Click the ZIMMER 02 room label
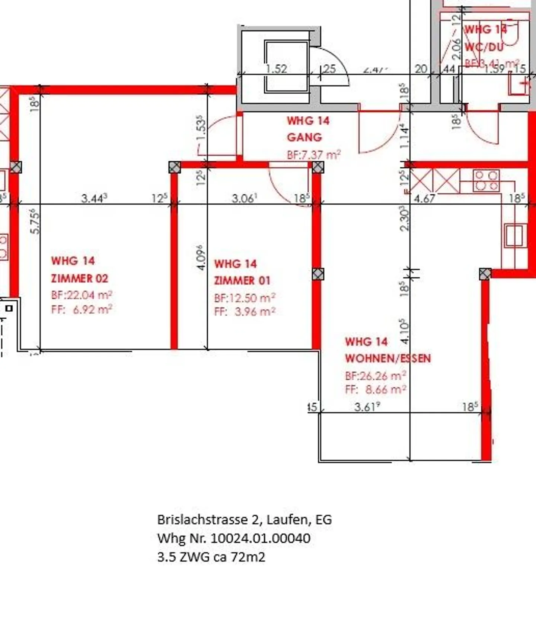click(x=79, y=278)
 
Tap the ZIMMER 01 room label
click(x=242, y=280)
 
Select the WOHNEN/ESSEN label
click(x=387, y=358)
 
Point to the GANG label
click(x=304, y=137)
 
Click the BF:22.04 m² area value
click(x=82, y=295)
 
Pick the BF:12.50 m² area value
click(x=245, y=298)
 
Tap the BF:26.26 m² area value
click(x=375, y=376)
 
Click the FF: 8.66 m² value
click(x=375, y=390)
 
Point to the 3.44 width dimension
click(x=94, y=198)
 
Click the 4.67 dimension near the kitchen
click(x=424, y=199)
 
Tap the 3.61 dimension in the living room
click(x=367, y=407)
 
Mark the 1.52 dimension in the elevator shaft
click(x=277, y=69)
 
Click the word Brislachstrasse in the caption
click(x=203, y=519)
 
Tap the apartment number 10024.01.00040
click(x=260, y=538)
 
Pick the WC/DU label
click(x=484, y=47)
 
